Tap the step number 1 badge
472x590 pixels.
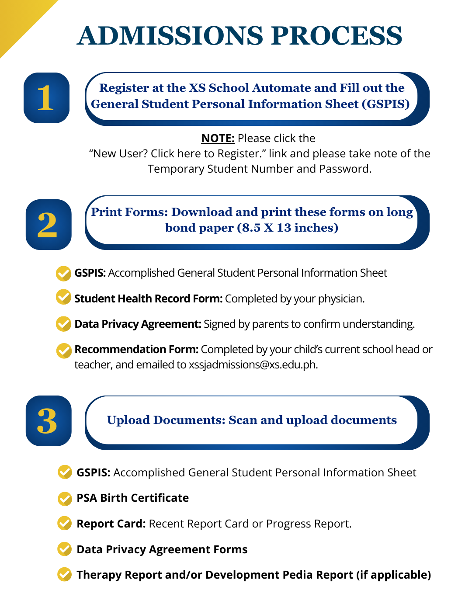(x=46, y=98)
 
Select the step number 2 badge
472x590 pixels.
(x=48, y=225)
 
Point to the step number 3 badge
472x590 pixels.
(x=48, y=421)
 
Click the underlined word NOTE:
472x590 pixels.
(x=218, y=138)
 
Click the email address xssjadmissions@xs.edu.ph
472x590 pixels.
(x=253, y=364)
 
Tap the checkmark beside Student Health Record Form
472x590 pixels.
(x=64, y=297)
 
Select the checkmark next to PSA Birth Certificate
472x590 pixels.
(x=65, y=498)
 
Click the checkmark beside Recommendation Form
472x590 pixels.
(x=64, y=351)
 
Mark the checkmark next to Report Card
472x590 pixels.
(x=65, y=523)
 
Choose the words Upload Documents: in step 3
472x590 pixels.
(x=166, y=420)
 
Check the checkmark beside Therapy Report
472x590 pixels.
(x=65, y=574)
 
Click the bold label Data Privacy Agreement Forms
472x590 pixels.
(x=162, y=549)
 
